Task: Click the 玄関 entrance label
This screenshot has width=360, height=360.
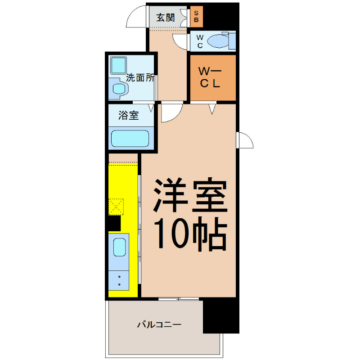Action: click(166, 18)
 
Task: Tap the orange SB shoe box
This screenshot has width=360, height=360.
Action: click(197, 17)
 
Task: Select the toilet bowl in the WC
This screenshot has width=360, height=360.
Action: click(218, 41)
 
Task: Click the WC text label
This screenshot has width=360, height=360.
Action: click(200, 41)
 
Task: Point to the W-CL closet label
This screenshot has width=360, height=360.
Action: click(210, 77)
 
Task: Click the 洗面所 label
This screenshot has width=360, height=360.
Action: click(140, 78)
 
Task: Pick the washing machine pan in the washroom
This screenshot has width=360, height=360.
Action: click(118, 65)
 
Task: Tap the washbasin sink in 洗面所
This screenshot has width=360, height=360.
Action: click(119, 89)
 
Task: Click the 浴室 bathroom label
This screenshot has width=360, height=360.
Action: click(129, 115)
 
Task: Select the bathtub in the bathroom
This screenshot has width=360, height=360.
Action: click(130, 139)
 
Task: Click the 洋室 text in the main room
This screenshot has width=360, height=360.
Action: click(190, 195)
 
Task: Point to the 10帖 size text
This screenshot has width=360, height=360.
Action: click(190, 234)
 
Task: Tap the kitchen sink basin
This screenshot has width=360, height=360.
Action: click(120, 247)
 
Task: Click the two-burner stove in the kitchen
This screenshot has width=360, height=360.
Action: click(119, 280)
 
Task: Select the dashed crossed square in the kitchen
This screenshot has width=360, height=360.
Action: click(116, 207)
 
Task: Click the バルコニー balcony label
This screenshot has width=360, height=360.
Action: click(159, 324)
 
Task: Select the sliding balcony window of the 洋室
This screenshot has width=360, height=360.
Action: click(178, 299)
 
